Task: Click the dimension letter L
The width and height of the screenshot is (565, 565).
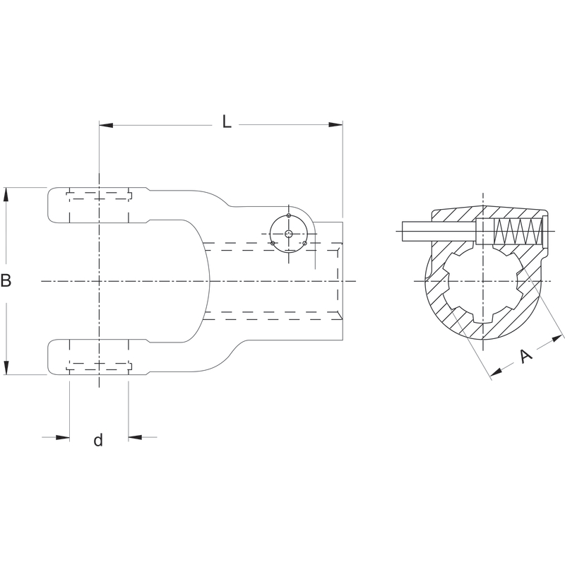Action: pos(226,121)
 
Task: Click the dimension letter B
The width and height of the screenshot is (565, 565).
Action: pos(6,280)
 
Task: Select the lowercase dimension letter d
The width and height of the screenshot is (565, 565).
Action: pos(98,440)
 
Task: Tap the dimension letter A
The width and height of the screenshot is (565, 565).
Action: pos(526,356)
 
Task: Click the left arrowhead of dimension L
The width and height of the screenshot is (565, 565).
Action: pos(106,126)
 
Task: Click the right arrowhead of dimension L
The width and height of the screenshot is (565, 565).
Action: pos(335,125)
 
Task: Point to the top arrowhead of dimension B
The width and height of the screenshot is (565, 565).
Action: pos(6,195)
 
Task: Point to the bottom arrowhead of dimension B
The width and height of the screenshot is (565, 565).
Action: pos(6,367)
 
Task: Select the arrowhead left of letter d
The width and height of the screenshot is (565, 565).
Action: pos(62,437)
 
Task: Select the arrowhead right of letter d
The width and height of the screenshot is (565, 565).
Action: pos(136,437)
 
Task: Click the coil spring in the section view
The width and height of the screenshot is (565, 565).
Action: pos(518,231)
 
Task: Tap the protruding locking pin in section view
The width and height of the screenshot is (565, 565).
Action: pos(439,231)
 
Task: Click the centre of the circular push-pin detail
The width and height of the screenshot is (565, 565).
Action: pos(288,234)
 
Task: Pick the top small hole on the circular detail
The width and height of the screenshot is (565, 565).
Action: pos(288,215)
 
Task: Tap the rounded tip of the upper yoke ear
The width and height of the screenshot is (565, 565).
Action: pos(48,206)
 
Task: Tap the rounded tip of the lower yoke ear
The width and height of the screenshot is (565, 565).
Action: pos(48,357)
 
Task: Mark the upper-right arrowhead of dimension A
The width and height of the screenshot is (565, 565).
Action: pos(559,339)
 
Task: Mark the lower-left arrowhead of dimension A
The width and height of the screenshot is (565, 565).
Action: pos(496,372)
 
